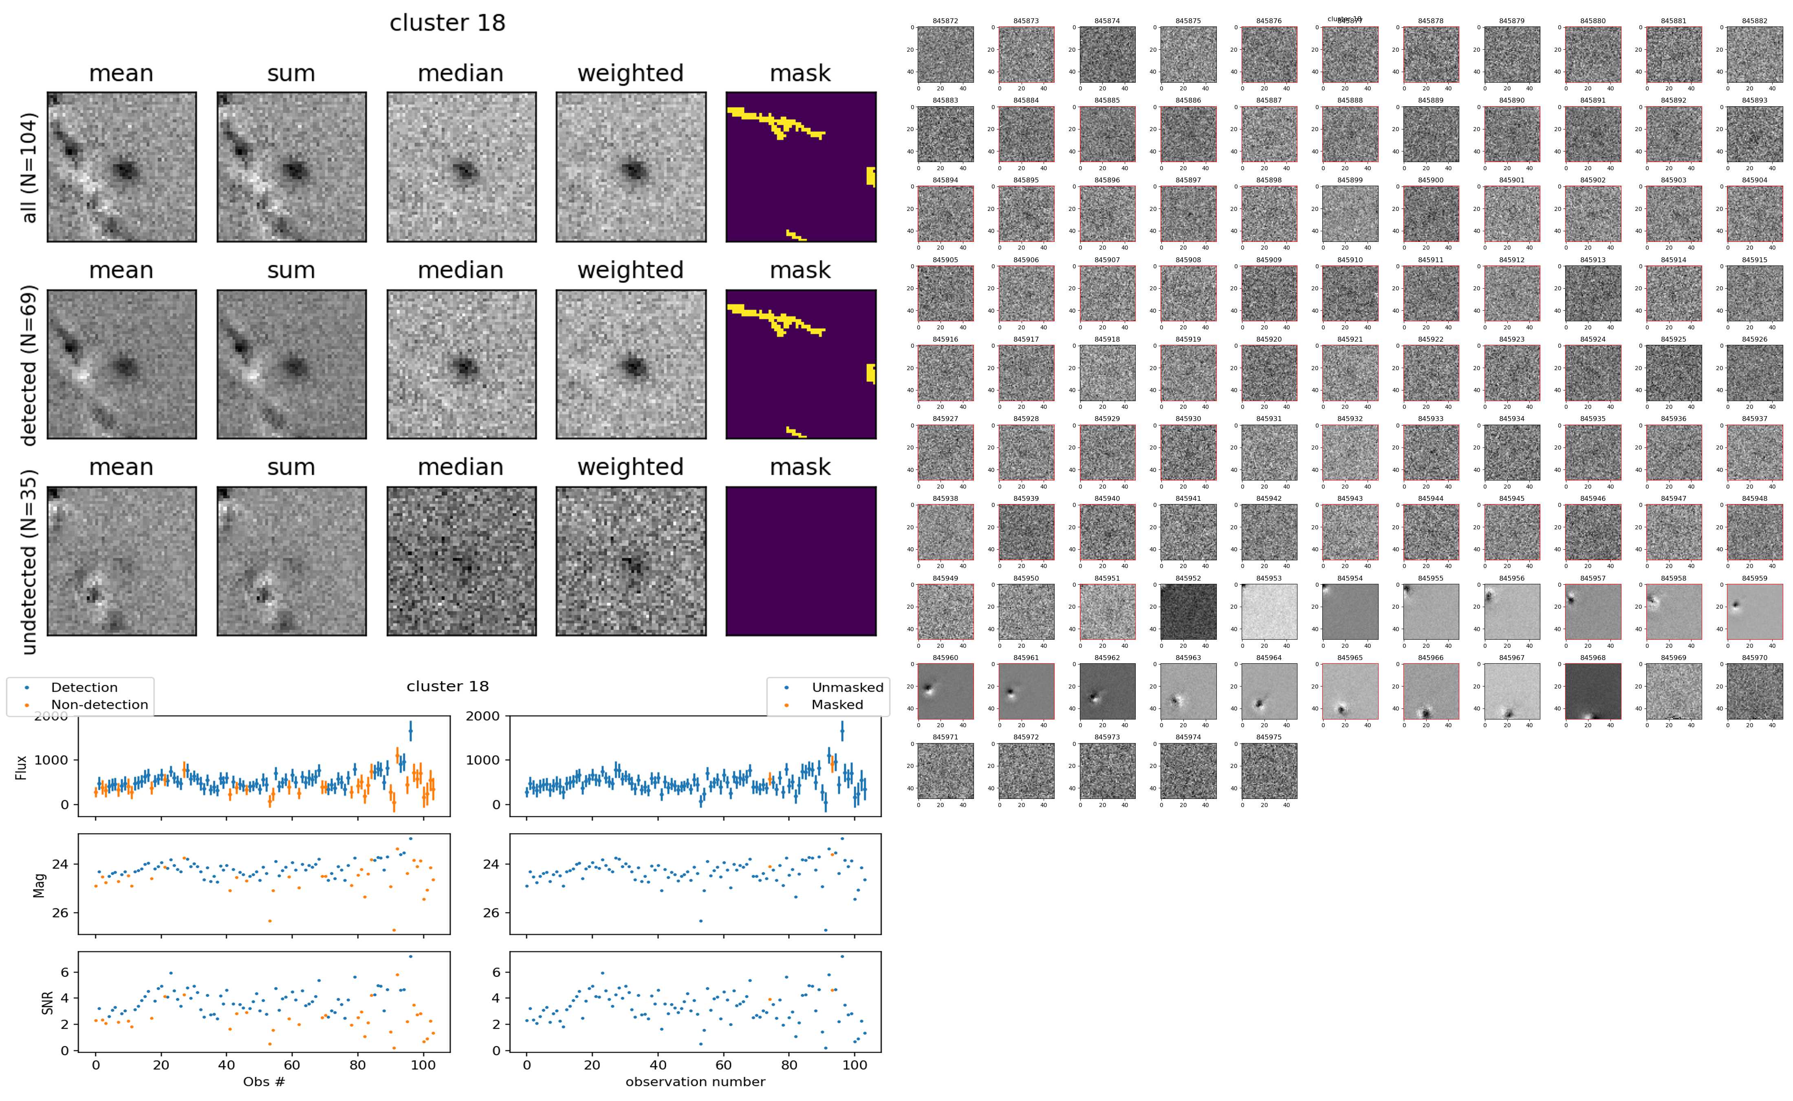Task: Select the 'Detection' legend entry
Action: tap(84, 687)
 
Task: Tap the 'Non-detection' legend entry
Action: tap(99, 705)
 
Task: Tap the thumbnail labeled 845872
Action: tap(945, 55)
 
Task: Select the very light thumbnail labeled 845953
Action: tap(1269, 612)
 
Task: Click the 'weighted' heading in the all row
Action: tap(630, 74)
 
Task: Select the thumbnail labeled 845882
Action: tap(1754, 55)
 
